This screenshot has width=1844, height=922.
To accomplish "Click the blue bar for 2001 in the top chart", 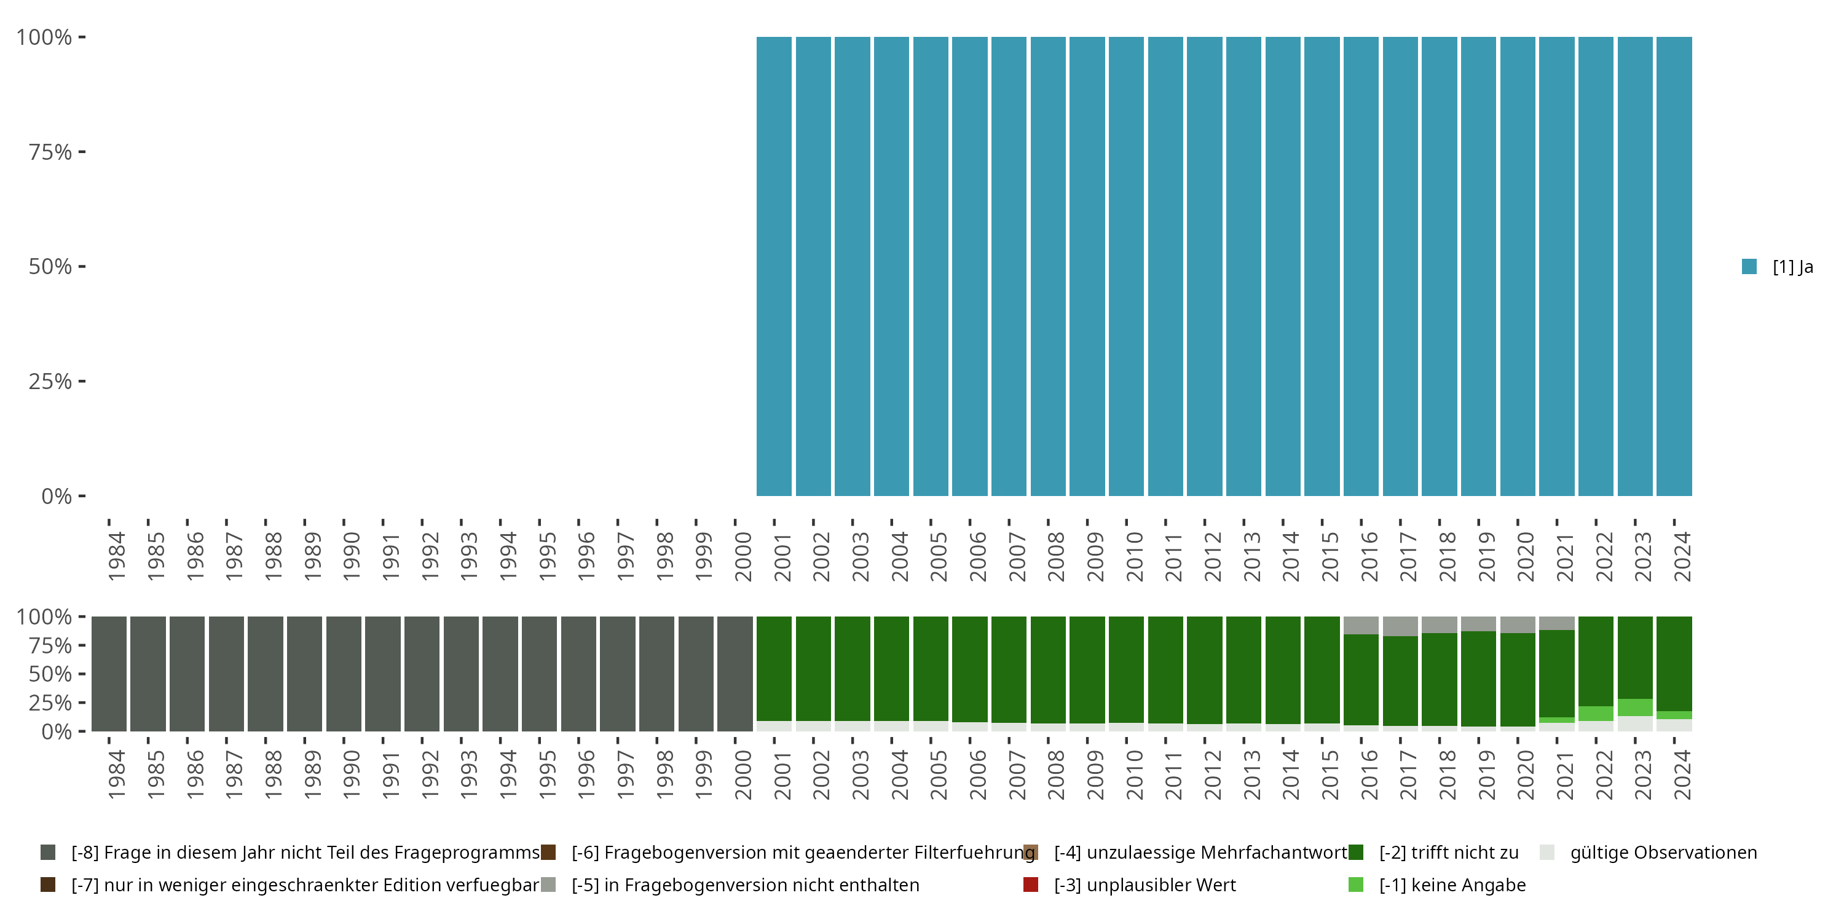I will (x=774, y=266).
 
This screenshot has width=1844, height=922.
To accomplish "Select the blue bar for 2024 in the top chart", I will (x=1674, y=266).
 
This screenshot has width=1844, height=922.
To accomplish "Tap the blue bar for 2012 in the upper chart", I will (x=1204, y=266).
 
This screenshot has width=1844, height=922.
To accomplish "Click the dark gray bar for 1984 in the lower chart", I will (x=109, y=674).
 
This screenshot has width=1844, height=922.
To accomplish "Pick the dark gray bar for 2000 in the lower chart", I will (x=735, y=674).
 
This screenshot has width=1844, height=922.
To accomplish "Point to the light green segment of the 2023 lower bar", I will (x=1635, y=707).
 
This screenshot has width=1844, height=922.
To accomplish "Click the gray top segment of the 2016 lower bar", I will (x=1361, y=625).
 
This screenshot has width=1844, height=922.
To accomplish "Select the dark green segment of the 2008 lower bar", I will (x=1048, y=669).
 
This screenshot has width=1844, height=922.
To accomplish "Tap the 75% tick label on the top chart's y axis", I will (x=50, y=152).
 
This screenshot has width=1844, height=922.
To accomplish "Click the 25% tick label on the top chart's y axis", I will (x=50, y=382).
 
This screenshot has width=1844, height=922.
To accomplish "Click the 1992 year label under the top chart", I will (x=430, y=556).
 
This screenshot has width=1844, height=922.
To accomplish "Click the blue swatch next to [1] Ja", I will (x=1749, y=267).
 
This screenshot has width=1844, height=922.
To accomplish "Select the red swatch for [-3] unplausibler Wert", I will (x=1031, y=885).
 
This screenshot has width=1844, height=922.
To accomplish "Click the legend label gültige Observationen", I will (x=1663, y=853).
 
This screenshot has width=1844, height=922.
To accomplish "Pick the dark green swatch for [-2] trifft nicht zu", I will (x=1355, y=853).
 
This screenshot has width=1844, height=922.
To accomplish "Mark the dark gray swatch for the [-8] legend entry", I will (x=48, y=853).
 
